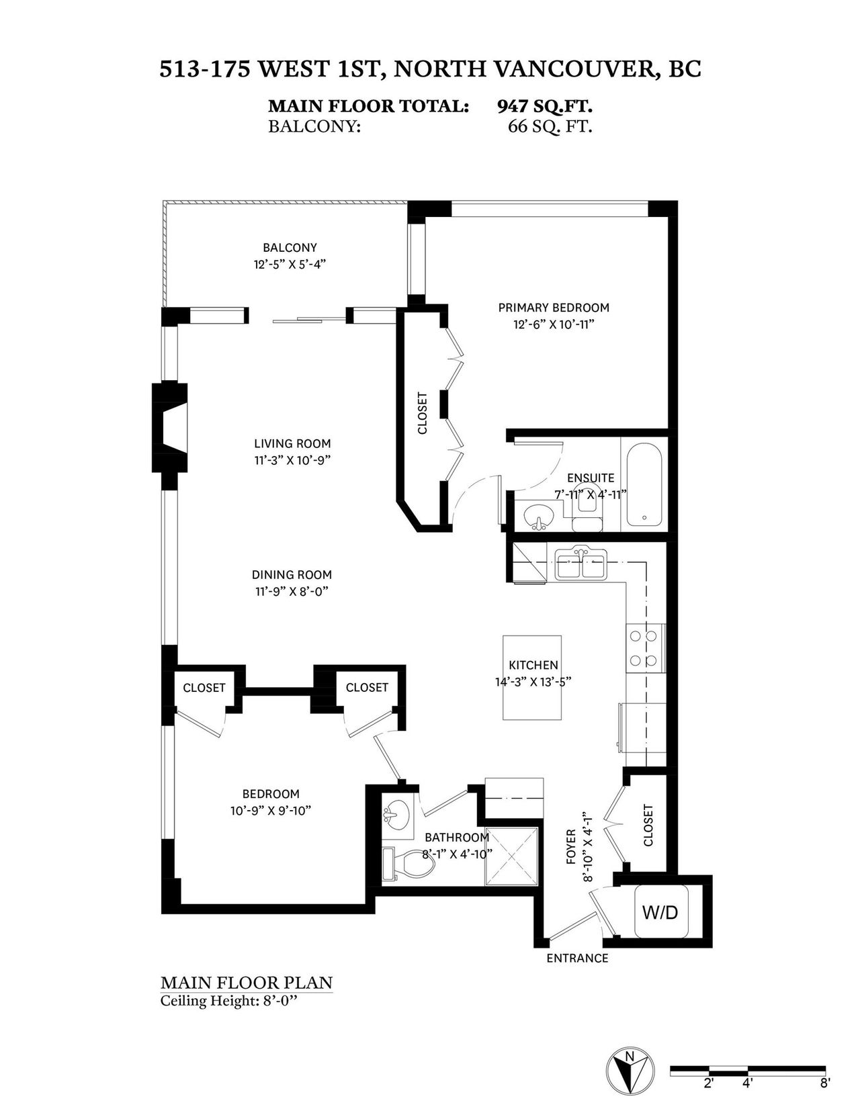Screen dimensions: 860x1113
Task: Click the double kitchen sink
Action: (x=580, y=564)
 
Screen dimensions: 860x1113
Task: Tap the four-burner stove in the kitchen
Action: (x=646, y=648)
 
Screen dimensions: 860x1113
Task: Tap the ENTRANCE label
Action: (x=577, y=959)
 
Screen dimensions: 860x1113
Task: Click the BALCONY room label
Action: (x=290, y=247)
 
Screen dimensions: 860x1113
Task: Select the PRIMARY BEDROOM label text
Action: (x=554, y=308)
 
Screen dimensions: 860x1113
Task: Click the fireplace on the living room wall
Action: (x=169, y=427)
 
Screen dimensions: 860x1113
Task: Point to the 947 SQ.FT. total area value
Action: (x=544, y=106)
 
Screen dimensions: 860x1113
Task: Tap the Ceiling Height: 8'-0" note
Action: (x=229, y=999)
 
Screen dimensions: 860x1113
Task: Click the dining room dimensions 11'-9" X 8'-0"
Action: (x=292, y=592)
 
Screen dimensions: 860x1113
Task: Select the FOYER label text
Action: (x=570, y=847)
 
